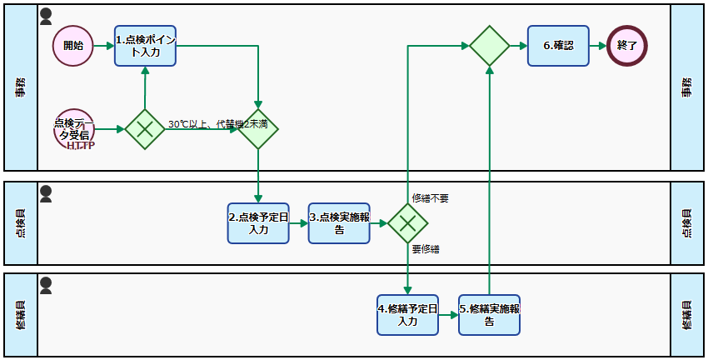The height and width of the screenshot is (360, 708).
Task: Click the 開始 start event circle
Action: pyautogui.click(x=73, y=46)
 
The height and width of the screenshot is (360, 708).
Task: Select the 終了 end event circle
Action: pyautogui.click(x=627, y=46)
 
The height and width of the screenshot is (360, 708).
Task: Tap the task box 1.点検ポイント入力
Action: pyautogui.click(x=145, y=46)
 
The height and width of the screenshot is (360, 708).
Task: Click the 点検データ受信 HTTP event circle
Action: pyautogui.click(x=73, y=129)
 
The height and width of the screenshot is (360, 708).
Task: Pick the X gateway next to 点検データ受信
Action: pyautogui.click(x=145, y=129)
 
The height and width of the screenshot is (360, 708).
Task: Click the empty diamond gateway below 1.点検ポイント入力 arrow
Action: pyautogui.click(x=258, y=129)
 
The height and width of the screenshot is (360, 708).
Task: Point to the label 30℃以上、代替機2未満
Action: pyautogui.click(x=217, y=124)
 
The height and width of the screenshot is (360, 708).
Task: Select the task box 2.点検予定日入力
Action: pyautogui.click(x=258, y=222)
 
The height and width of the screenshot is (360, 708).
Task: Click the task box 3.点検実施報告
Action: pyautogui.click(x=339, y=222)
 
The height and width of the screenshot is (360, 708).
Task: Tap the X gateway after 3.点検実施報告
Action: pyautogui.click(x=407, y=222)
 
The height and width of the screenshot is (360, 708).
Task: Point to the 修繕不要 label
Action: pyautogui.click(x=431, y=198)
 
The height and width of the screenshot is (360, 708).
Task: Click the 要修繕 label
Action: pyautogui.click(x=426, y=249)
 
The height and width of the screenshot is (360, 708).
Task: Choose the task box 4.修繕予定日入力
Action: pyautogui.click(x=407, y=314)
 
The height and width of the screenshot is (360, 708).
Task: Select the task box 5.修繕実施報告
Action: pyautogui.click(x=489, y=314)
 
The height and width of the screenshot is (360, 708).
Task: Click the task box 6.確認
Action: pyautogui.click(x=558, y=46)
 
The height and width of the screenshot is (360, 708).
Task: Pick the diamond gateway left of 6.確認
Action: pyautogui.click(x=489, y=46)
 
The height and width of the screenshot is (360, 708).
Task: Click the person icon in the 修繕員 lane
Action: pyautogui.click(x=47, y=286)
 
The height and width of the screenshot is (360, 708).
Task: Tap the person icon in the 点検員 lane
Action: pyautogui.click(x=47, y=193)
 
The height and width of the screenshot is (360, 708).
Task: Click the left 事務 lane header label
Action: pyautogui.click(x=21, y=87)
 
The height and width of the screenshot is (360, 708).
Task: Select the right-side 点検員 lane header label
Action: pyautogui.click(x=688, y=223)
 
